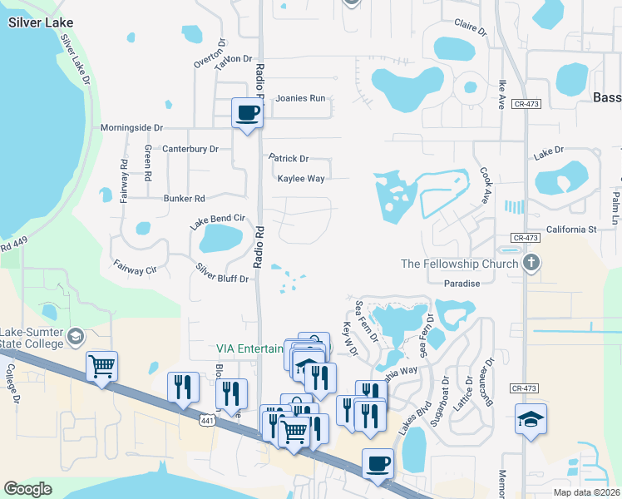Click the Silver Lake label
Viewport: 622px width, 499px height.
tap(40, 22)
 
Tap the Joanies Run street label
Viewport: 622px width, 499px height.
tap(300, 98)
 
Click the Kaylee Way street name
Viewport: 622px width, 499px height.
tap(301, 178)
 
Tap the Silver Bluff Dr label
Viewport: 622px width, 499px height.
tap(222, 273)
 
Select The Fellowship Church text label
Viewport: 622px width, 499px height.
tap(459, 264)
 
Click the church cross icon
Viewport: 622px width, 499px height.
tap(531, 264)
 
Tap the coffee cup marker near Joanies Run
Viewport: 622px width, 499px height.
tap(247, 113)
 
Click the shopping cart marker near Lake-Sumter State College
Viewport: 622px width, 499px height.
tap(101, 366)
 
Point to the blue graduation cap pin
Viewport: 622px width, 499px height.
tap(531, 421)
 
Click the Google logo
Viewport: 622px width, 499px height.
tap(27, 489)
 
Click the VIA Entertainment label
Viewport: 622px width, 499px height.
tap(249, 348)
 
